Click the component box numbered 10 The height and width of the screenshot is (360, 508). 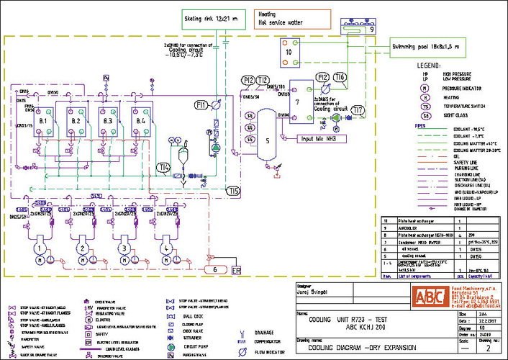click(x=289, y=52)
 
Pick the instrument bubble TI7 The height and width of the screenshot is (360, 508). click(x=358, y=110)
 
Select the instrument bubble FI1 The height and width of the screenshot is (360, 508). click(x=221, y=106)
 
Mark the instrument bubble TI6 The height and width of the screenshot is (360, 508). click(x=340, y=78)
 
